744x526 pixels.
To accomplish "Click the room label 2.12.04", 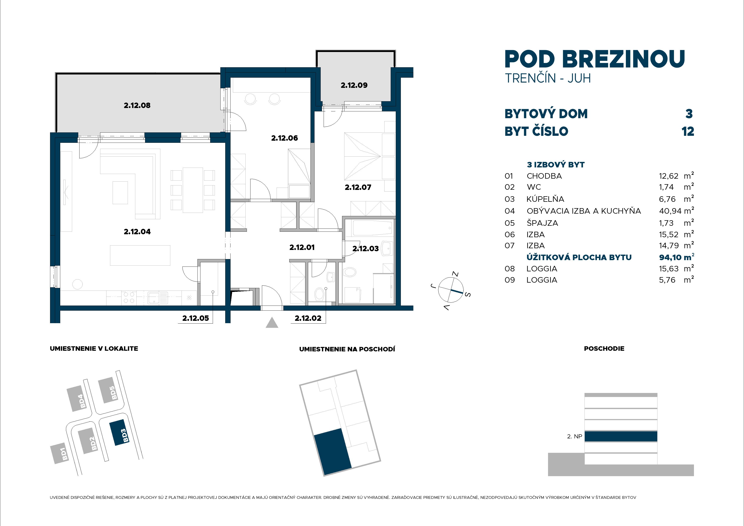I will pyautogui.click(x=137, y=231).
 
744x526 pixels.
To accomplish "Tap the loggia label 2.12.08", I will pyautogui.click(x=137, y=105).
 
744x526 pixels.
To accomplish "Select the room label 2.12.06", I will pyautogui.click(x=284, y=138).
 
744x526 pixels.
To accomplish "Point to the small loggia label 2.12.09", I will pyautogui.click(x=354, y=85).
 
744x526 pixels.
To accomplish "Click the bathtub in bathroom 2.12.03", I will pyautogui.click(x=372, y=228).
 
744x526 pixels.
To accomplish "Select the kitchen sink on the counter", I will pyautogui.click(x=158, y=297).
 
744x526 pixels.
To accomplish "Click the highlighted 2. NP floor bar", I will pyautogui.click(x=621, y=436).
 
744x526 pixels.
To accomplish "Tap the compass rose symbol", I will pyautogui.click(x=451, y=289).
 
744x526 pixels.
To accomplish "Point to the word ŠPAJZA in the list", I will pyautogui.click(x=542, y=223).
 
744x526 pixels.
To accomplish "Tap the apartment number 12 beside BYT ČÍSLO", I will pyautogui.click(x=688, y=132).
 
